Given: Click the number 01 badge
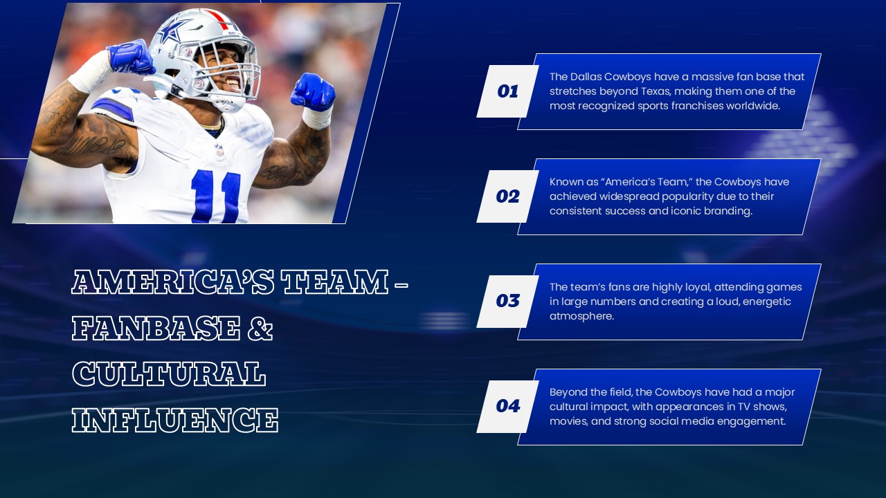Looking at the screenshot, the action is pyautogui.click(x=508, y=91).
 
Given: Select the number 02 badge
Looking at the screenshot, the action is pyautogui.click(x=508, y=196).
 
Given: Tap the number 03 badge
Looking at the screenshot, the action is pyautogui.click(x=508, y=301).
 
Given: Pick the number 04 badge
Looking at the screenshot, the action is pyautogui.click(x=508, y=406).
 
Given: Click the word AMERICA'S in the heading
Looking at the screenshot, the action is pyautogui.click(x=173, y=282).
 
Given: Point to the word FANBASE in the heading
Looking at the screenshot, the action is pyautogui.click(x=156, y=328).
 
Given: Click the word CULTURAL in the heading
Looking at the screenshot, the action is pyautogui.click(x=169, y=373).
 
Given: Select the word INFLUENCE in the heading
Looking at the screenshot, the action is pyautogui.click(x=175, y=420).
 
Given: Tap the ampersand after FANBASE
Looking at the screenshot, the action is pyautogui.click(x=260, y=328).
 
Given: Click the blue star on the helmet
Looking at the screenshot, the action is pyautogui.click(x=170, y=31).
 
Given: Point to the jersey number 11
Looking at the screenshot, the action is pyautogui.click(x=216, y=196).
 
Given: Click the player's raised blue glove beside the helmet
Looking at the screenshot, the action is pyautogui.click(x=131, y=57).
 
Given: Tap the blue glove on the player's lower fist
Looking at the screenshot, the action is pyautogui.click(x=313, y=92).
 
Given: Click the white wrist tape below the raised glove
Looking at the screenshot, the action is pyautogui.click(x=91, y=73).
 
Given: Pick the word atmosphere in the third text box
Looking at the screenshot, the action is pyautogui.click(x=581, y=316).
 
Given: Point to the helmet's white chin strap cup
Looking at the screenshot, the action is pyautogui.click(x=228, y=102).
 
